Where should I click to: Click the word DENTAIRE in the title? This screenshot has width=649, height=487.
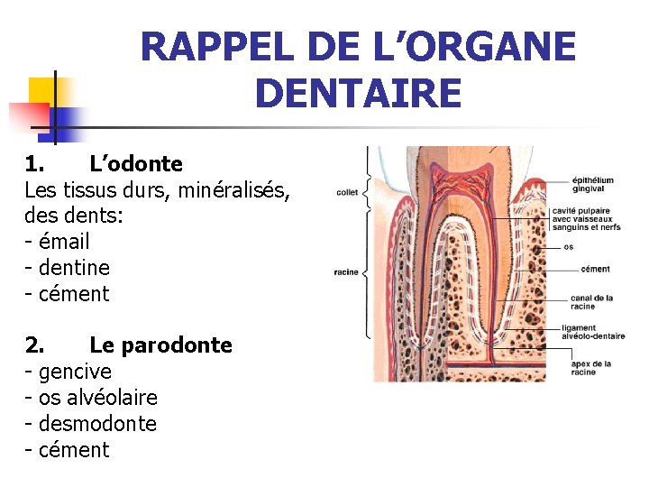point(358,93)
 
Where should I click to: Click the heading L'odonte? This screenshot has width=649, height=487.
point(136,164)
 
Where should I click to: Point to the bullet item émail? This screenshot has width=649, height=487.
point(63,242)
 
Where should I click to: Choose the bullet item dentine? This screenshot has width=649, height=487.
point(73,268)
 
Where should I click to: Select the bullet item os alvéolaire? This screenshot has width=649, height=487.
point(97,398)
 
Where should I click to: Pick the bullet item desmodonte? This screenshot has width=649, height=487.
point(96,424)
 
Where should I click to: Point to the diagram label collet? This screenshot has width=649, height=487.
point(347,192)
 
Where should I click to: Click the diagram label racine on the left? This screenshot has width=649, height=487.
point(346,271)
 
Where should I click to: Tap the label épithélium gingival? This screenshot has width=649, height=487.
point(593,185)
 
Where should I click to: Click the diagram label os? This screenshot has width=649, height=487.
point(568,246)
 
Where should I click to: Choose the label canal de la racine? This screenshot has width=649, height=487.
point(591,302)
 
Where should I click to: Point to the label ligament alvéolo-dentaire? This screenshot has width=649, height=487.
point(592,332)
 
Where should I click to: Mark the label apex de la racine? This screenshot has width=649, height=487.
point(590,368)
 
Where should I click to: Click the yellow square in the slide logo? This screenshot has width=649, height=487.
point(42,91)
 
